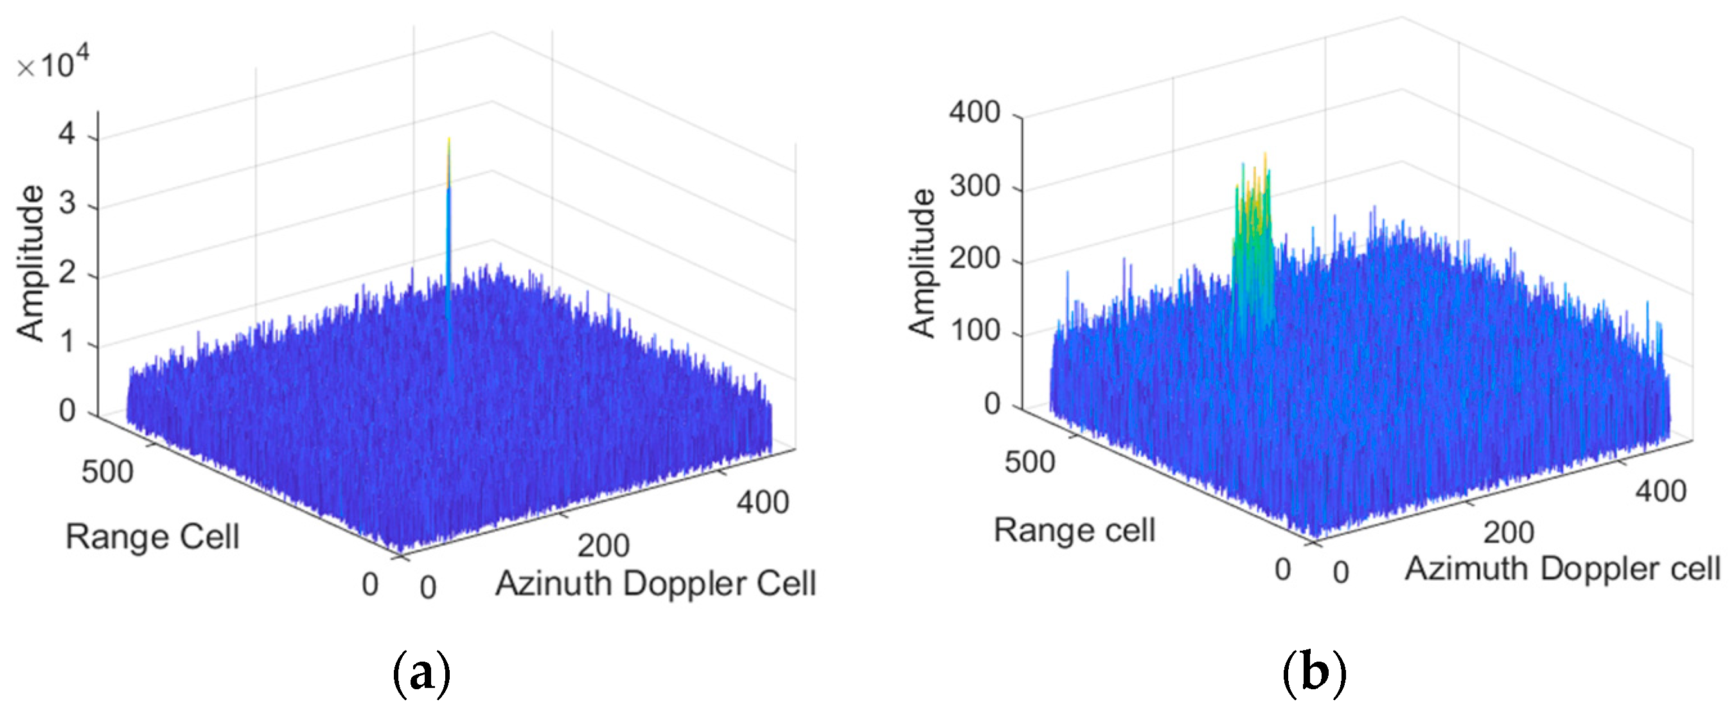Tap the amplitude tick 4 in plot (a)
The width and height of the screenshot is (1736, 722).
point(67,134)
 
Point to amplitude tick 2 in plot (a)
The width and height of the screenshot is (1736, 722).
point(67,273)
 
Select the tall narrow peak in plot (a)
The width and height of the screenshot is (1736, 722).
point(448,202)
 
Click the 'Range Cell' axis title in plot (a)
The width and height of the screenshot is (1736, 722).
point(152,537)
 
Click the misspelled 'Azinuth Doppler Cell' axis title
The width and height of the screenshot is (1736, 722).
point(655,583)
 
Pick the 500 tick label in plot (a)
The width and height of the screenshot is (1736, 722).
point(107,471)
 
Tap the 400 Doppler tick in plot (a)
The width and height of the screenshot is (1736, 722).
point(762,502)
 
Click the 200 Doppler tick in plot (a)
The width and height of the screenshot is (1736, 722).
point(603,545)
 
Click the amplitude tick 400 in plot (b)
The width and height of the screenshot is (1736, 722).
point(975,112)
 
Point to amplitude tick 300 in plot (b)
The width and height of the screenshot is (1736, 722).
point(975,185)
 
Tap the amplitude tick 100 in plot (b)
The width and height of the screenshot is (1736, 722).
point(975,331)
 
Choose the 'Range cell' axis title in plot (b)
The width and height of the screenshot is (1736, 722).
point(1074,530)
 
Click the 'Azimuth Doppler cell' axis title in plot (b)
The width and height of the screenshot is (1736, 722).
point(1562,568)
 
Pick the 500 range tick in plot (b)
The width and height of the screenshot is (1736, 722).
point(1030,462)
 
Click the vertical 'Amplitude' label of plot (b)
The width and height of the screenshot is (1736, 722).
point(922,263)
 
